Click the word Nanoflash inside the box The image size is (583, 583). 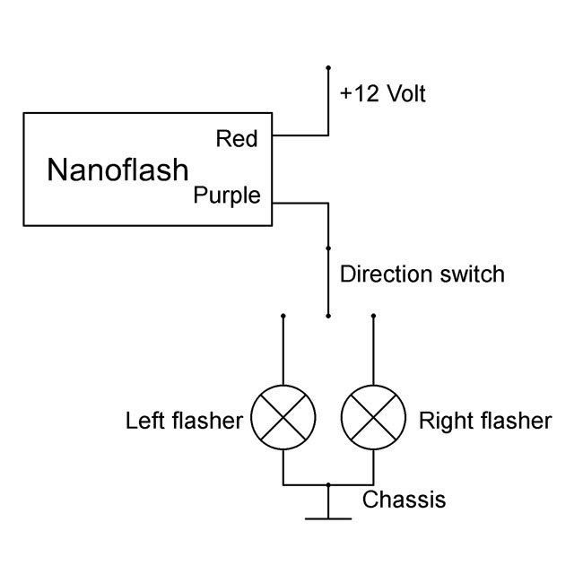pos(118,170)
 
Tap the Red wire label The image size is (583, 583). pos(237,139)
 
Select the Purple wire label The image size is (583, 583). pos(227,196)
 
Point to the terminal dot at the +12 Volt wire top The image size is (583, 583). pos(328,67)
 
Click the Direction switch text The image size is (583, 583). pos(422,274)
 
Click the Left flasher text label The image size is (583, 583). pos(184,421)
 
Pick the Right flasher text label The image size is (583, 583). pos(484,421)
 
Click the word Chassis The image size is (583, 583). pos(404,499)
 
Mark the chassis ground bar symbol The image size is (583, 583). pos(328,518)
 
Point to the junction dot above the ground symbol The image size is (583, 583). pos(328,485)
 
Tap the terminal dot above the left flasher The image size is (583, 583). pos(283,316)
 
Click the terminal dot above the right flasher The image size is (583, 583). pos(373,316)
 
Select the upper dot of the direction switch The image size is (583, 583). pos(328,248)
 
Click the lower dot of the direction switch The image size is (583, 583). pos(328,316)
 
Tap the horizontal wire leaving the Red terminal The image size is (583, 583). pos(300,136)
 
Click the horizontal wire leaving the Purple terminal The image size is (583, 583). pos(300,204)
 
